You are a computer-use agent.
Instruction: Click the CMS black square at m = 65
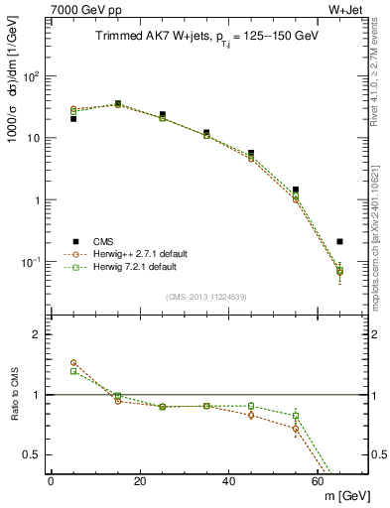coord(340,241)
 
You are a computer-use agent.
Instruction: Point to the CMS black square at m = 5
coord(73,119)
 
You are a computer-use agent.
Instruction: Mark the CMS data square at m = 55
coord(296,190)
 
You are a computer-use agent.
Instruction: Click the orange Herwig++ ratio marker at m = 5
coord(73,363)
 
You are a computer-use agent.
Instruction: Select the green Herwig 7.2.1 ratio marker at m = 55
coord(296,416)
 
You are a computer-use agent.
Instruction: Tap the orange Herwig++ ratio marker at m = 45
coord(251,415)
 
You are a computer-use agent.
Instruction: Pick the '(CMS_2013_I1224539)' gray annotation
coord(207,296)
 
